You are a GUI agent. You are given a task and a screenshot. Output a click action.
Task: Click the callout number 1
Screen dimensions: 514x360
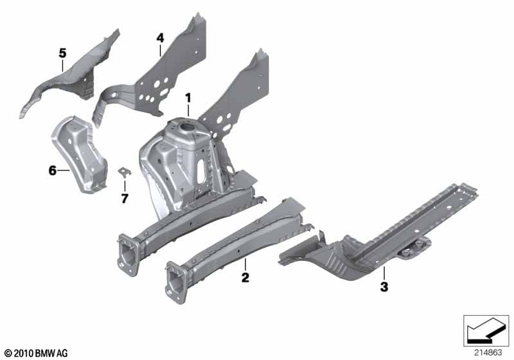(188, 98)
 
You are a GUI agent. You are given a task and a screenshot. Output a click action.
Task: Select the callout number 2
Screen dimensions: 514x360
(245, 278)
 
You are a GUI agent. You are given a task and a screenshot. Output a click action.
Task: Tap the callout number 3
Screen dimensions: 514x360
(384, 287)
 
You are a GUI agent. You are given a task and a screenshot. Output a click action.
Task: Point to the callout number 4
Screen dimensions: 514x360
(160, 38)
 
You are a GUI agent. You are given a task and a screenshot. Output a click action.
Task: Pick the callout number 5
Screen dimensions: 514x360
(62, 53)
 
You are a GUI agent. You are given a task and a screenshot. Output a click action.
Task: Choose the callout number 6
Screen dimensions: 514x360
(53, 170)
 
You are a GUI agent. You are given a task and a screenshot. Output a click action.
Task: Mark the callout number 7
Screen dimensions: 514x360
(125, 199)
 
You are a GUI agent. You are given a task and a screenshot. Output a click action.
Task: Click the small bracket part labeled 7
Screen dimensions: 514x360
(124, 172)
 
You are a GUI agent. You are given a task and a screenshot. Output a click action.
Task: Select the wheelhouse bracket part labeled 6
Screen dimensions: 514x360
(80, 154)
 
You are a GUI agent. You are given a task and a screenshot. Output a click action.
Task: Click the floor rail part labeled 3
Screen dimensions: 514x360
(377, 236)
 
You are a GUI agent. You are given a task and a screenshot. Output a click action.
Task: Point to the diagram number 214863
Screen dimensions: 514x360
(488, 353)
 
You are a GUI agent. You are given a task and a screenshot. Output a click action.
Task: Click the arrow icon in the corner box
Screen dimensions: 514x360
(486, 330)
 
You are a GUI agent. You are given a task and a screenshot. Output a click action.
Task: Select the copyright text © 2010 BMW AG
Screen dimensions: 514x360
(37, 353)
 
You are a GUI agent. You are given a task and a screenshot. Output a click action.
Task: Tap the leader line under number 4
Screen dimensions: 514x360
(160, 51)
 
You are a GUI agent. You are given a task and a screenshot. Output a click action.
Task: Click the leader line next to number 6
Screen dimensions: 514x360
(64, 170)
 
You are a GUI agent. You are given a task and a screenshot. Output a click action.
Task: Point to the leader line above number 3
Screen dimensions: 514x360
(384, 273)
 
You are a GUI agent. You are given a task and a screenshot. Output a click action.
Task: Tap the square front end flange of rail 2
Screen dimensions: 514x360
(175, 282)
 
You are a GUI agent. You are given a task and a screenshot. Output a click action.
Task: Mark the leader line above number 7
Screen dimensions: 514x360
(125, 186)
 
